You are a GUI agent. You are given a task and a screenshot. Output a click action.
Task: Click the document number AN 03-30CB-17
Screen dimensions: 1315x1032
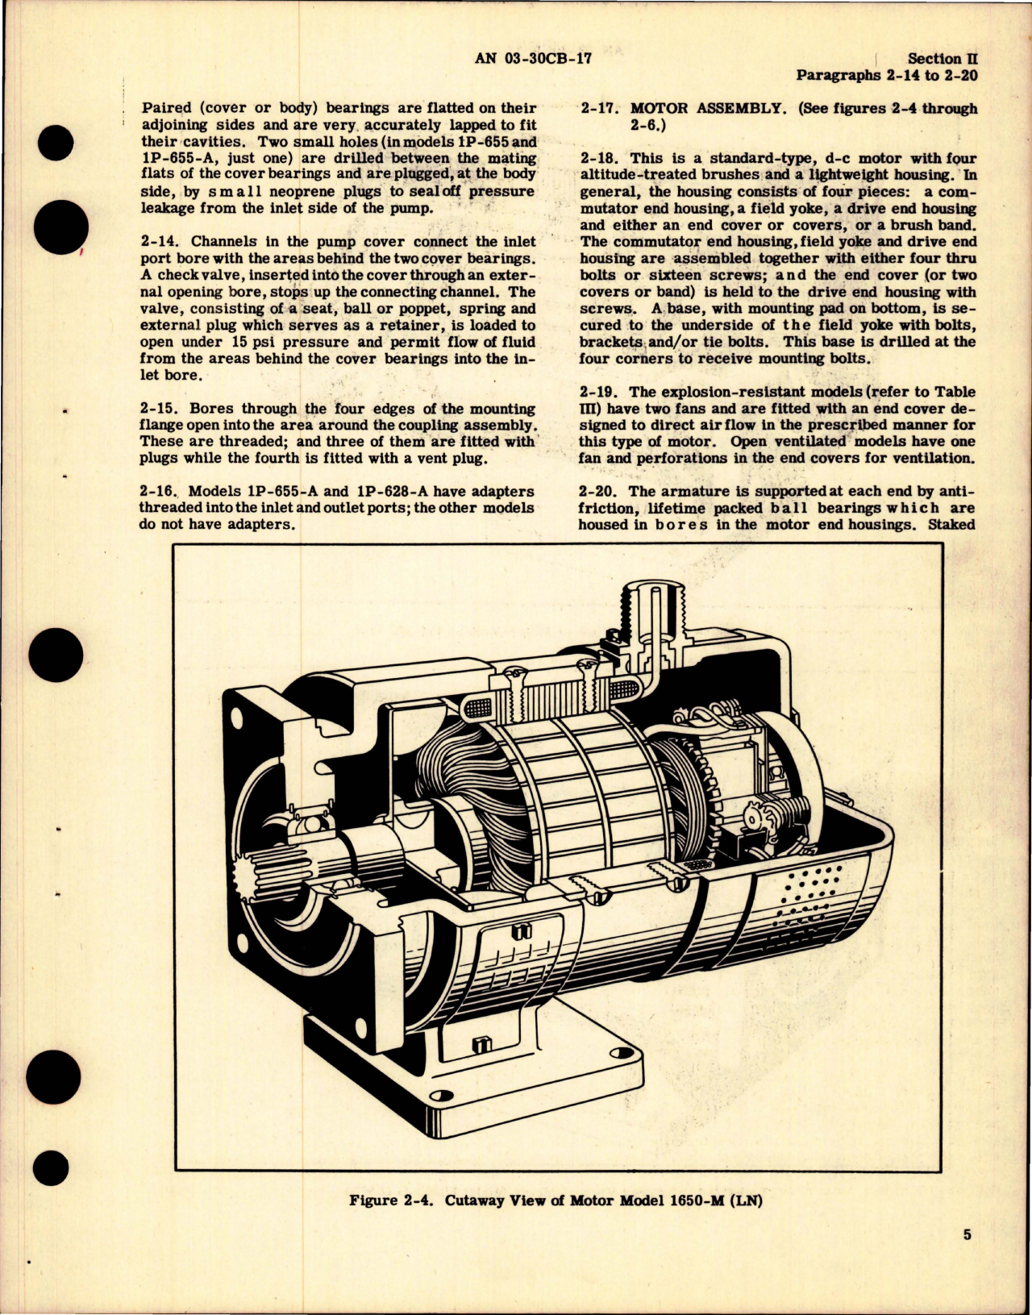click(x=534, y=58)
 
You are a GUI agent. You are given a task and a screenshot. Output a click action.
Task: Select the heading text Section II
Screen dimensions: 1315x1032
click(x=934, y=59)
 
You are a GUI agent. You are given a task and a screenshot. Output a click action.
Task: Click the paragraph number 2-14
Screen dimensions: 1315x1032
click(x=158, y=241)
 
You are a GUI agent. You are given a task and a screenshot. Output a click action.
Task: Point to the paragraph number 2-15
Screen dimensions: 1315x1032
click(x=158, y=409)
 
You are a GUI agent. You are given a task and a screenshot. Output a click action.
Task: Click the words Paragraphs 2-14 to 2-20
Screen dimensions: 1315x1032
click(x=886, y=76)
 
